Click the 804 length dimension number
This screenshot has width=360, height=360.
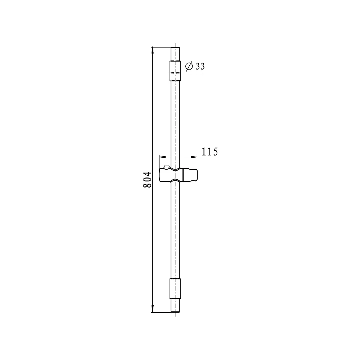147,180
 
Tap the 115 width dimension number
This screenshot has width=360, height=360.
210,152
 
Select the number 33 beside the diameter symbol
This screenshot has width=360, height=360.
200,66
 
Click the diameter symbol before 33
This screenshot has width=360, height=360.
189,67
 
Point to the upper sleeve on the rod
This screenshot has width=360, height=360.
175,71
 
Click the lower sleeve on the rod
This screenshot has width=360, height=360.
175,289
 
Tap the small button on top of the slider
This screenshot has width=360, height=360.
166,167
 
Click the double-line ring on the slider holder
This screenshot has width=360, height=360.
182,175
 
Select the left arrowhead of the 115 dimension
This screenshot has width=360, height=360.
162,157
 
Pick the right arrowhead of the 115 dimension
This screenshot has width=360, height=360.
194,157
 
